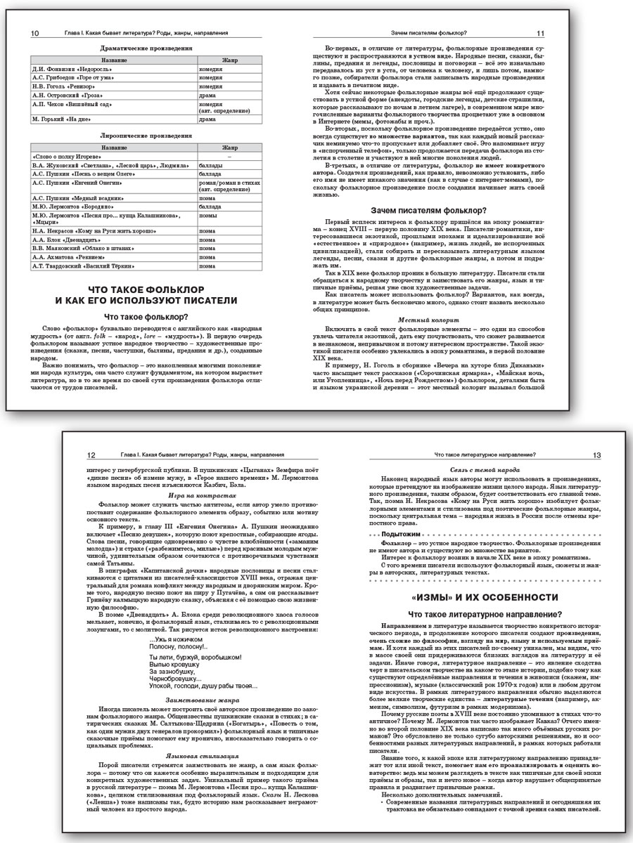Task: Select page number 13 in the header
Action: [596, 455]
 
